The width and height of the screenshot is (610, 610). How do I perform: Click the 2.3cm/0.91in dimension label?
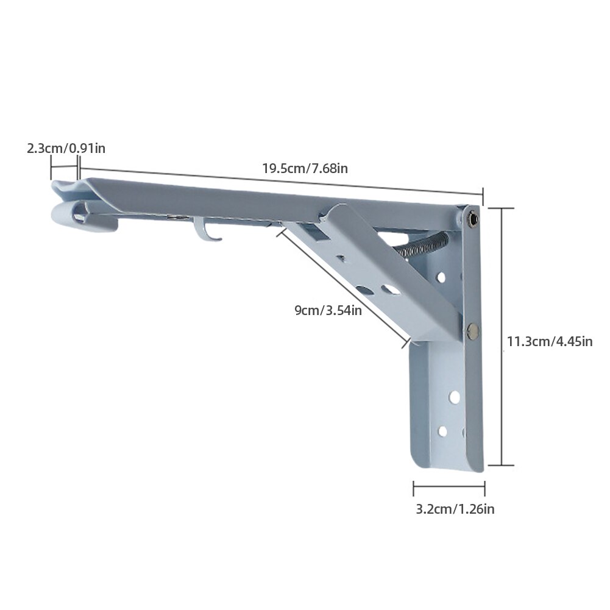[66, 148]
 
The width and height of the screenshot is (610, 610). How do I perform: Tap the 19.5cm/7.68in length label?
[305, 168]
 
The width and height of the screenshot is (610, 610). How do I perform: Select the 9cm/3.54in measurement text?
[328, 310]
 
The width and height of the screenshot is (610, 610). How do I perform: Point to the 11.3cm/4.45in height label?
[550, 341]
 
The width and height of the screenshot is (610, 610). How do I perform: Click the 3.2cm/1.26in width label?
[455, 509]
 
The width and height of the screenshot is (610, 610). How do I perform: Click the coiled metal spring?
[423, 245]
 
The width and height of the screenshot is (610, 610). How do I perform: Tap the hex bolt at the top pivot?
[471, 216]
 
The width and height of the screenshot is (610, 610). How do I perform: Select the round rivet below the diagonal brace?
[472, 331]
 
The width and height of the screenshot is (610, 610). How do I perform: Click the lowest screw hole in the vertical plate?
[442, 431]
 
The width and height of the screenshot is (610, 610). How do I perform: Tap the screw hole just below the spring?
[440, 277]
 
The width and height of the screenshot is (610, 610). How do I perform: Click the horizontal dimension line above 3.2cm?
[449, 488]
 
